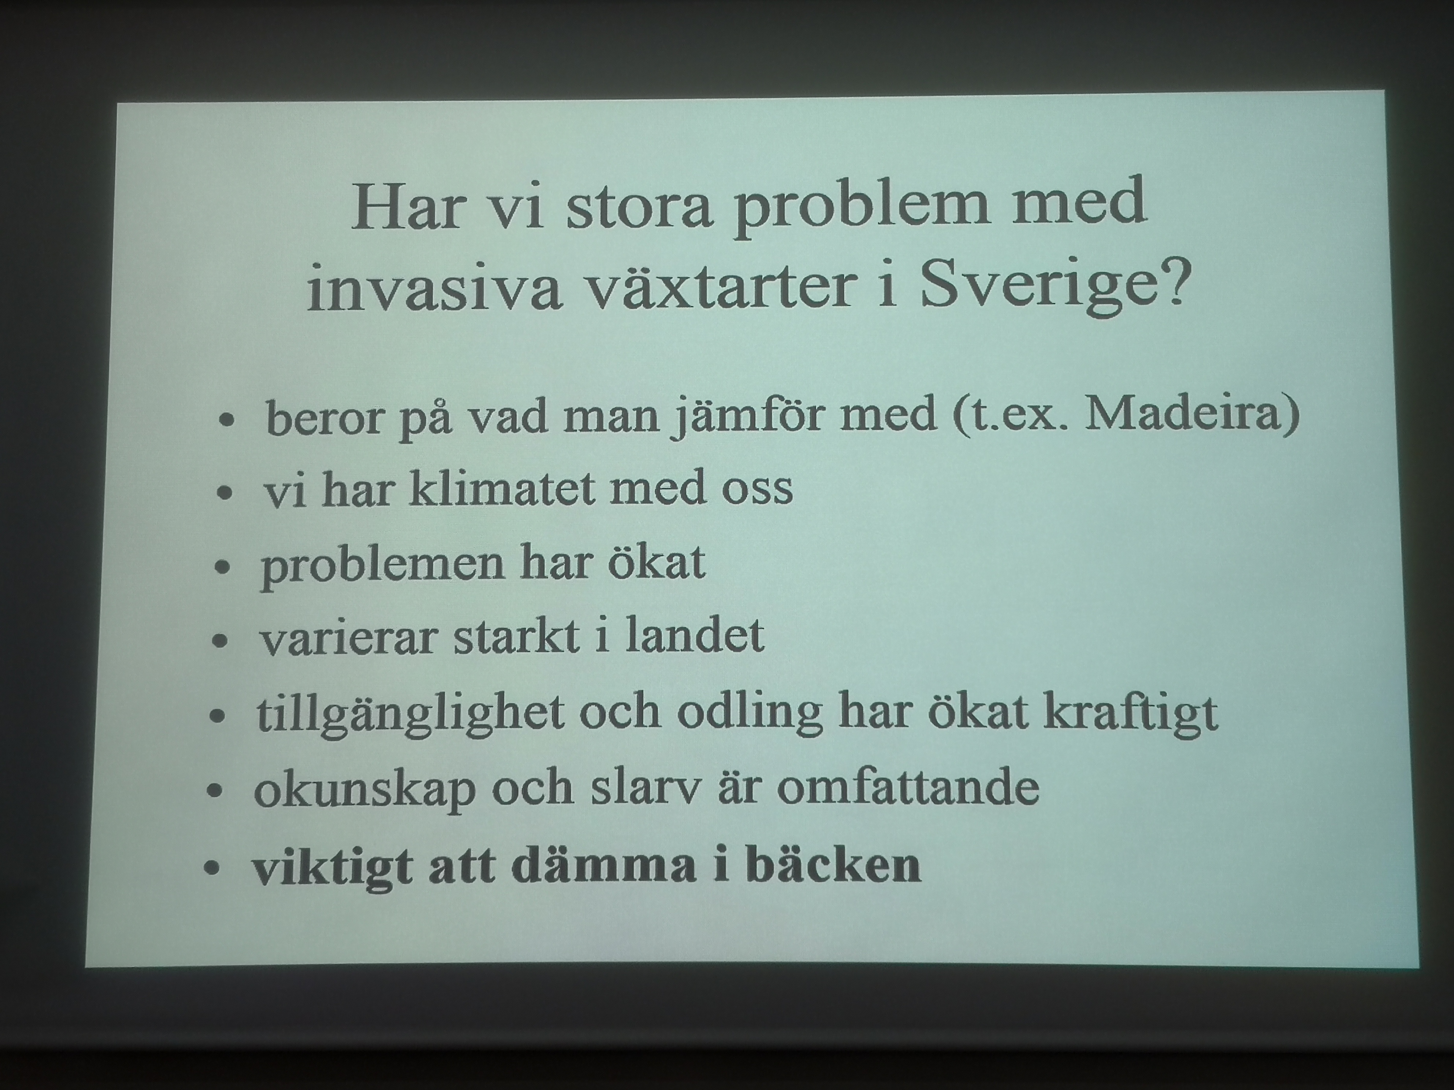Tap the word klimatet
tap(502, 487)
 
